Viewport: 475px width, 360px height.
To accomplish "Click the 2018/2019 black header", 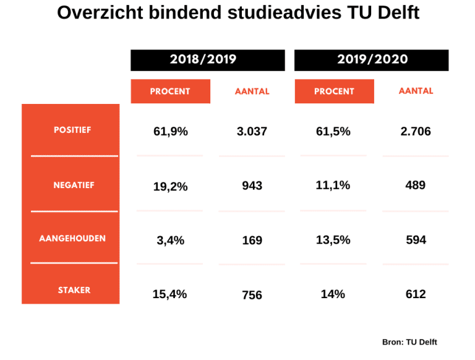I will [208, 60].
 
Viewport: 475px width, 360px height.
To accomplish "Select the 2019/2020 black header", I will [372, 60].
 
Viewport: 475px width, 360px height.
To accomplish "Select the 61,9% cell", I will [170, 131].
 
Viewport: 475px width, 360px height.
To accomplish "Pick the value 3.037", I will [252, 131].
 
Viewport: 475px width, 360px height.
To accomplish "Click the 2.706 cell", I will [416, 131].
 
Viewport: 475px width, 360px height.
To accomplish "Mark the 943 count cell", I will [252, 186].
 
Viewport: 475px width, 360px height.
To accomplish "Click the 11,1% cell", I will [333, 185].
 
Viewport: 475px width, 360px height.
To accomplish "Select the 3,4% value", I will [170, 240].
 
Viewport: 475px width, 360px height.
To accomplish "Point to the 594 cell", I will [416, 239].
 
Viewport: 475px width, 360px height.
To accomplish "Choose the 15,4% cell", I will [170, 294].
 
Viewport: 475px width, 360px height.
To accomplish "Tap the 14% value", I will [333, 294].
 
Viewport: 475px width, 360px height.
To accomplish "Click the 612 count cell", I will [416, 294].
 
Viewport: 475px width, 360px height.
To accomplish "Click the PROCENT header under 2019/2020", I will [334, 92].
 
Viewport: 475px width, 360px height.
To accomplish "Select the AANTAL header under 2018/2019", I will [252, 92].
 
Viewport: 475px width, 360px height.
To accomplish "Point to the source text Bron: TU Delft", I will [409, 341].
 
